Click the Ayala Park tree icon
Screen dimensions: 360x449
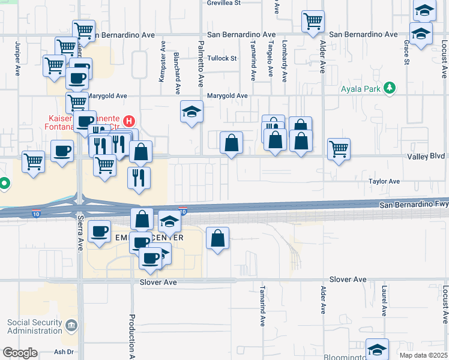click(x=390, y=88)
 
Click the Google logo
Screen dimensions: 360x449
click(x=20, y=353)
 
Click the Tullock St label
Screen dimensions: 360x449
click(x=222, y=58)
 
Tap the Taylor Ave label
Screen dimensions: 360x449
click(x=384, y=181)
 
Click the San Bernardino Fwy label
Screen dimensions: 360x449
click(x=414, y=205)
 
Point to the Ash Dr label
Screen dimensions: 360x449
click(x=63, y=352)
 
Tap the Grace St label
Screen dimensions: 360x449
click(x=406, y=52)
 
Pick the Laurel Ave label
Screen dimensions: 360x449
click(x=384, y=300)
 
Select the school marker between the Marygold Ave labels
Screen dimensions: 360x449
click(x=192, y=112)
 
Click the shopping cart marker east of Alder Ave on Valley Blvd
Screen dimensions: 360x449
click(x=339, y=149)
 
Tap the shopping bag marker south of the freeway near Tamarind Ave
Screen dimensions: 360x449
click(x=218, y=239)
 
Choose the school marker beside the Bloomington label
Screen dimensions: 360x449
click(x=377, y=349)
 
